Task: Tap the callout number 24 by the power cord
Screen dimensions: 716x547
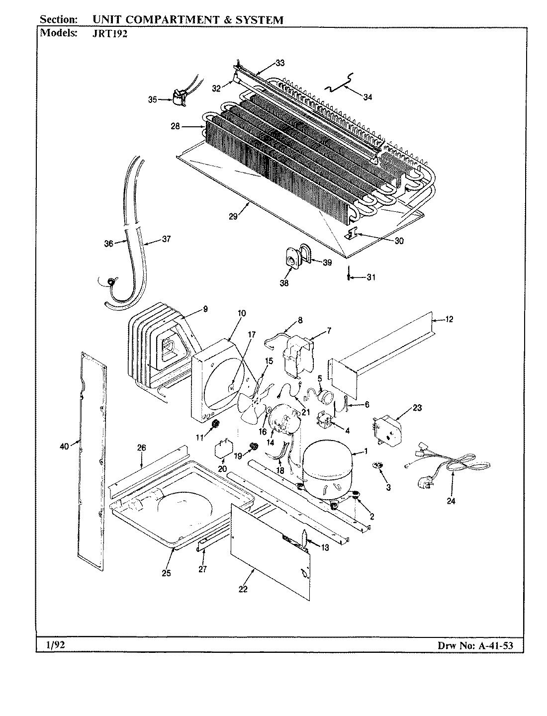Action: pyautogui.click(x=451, y=501)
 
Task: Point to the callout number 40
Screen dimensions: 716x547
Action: pyautogui.click(x=64, y=447)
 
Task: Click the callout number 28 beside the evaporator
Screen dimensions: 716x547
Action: pyautogui.click(x=175, y=126)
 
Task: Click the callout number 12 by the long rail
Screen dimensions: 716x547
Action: pyautogui.click(x=449, y=320)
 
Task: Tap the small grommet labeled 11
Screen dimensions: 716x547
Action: pyautogui.click(x=215, y=424)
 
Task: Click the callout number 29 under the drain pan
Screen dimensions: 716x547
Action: pyautogui.click(x=234, y=216)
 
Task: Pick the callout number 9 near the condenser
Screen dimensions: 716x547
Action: pyautogui.click(x=205, y=309)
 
